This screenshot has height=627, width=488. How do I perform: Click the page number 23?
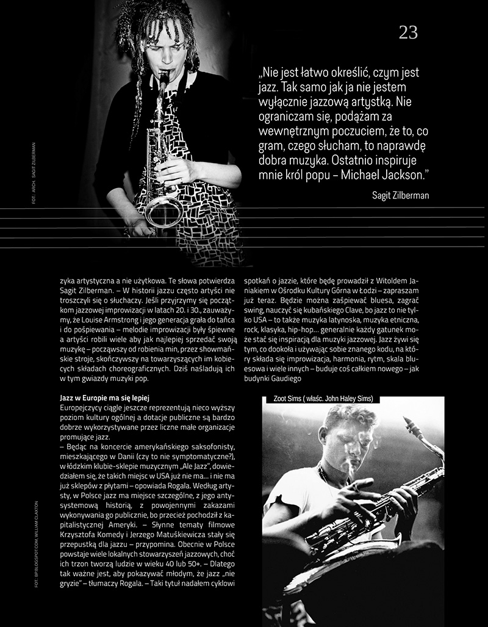pos(408,33)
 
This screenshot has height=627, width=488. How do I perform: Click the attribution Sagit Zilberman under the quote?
pos(400,195)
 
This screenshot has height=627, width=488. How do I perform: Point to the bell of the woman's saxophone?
pos(163,211)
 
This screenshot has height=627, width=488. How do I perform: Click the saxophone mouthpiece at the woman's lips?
pos(164,74)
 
